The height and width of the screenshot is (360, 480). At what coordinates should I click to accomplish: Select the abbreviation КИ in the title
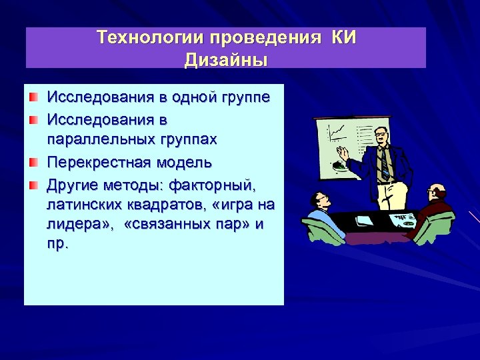341,37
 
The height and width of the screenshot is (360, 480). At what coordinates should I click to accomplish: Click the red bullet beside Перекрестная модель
33,163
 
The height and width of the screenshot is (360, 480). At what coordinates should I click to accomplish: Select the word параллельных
91,139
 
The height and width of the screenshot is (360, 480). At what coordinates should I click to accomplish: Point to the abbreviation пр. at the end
57,244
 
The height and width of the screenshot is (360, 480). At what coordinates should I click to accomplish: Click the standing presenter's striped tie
385,163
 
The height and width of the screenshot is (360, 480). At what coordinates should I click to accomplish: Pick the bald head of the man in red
437,193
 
